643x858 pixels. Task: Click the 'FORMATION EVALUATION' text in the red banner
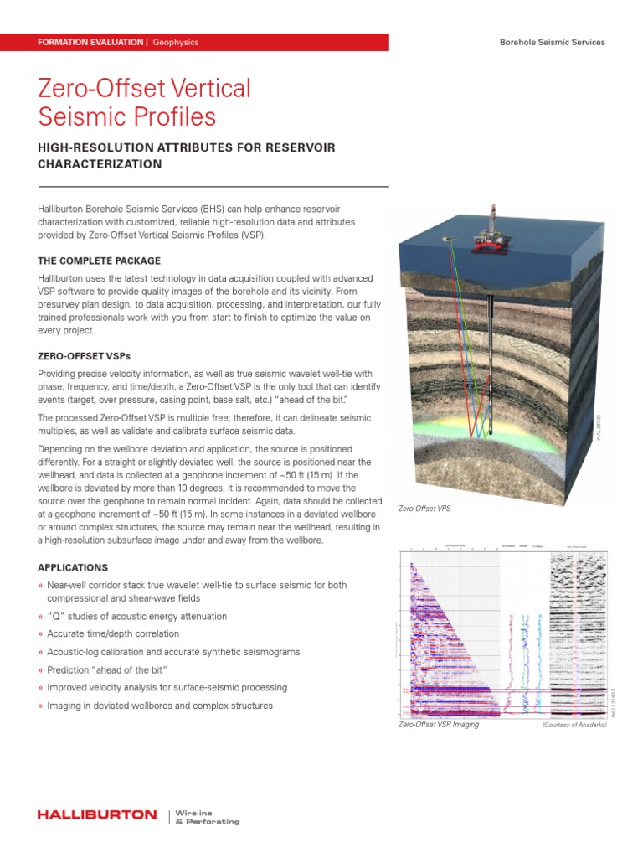[90, 42]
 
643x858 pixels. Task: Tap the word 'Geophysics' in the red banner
[175, 42]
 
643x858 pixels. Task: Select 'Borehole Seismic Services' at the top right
[552, 42]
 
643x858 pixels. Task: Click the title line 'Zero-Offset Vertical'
[144, 89]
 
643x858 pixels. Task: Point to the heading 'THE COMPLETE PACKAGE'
[99, 261]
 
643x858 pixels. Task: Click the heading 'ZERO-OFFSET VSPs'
[85, 356]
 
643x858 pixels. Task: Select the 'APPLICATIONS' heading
[73, 567]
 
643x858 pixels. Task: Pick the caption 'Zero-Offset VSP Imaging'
[438, 724]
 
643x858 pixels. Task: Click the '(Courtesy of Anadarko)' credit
[574, 724]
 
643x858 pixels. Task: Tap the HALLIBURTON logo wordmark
[97, 814]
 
